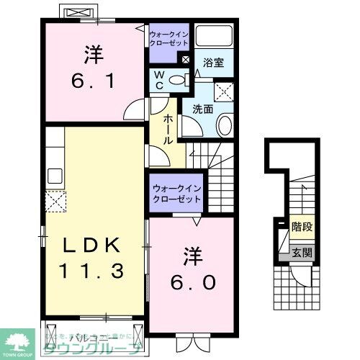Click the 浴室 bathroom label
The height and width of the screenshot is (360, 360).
[213, 63]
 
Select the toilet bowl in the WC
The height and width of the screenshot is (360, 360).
[178, 80]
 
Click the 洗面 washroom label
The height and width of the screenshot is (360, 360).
[202, 111]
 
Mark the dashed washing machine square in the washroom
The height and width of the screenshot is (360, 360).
[227, 91]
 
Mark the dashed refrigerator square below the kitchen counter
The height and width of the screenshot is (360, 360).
[55, 202]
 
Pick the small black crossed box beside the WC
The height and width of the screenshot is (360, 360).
[186, 60]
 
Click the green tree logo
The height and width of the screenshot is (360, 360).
[19, 341]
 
